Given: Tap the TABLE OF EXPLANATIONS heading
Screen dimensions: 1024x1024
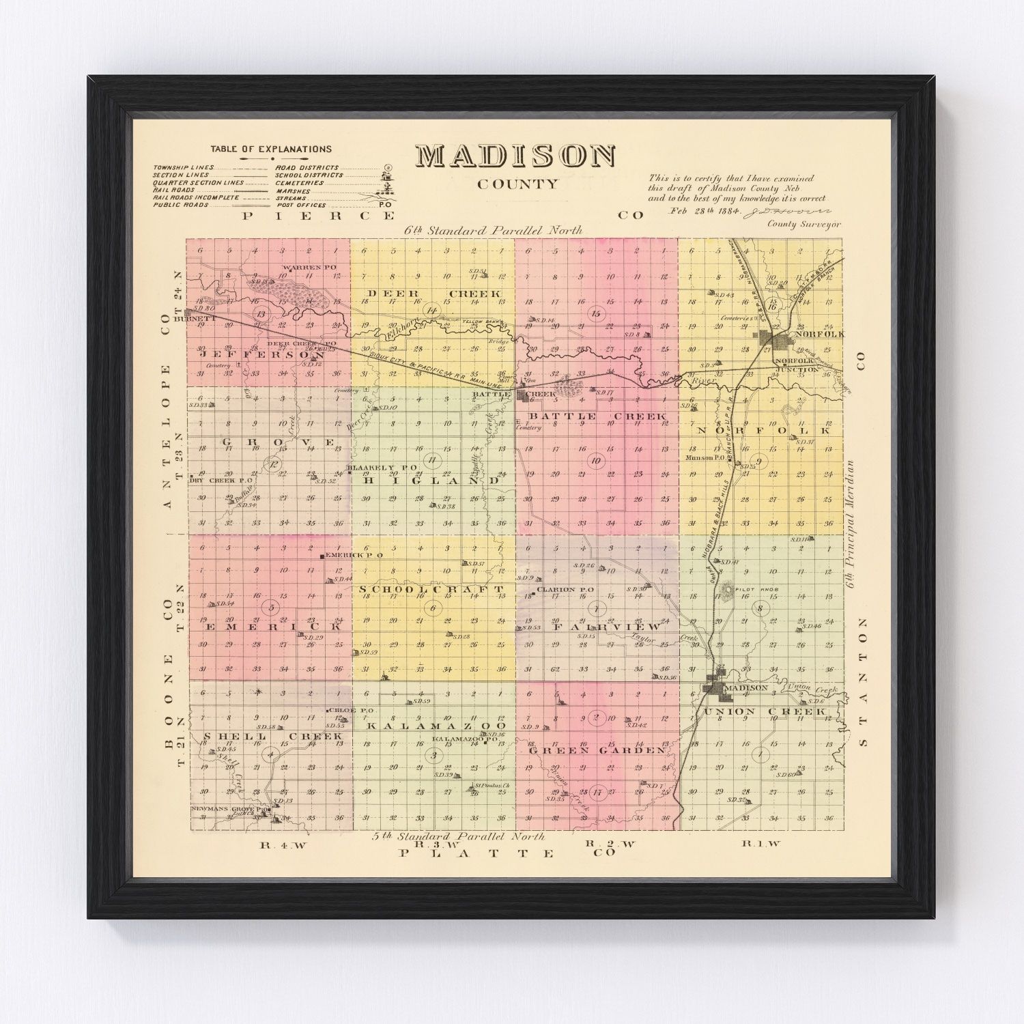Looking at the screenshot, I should point(271,149).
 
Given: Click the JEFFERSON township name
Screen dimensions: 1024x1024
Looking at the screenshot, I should point(262,356).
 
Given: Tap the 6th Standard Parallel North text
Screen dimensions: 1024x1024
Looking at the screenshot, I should point(493,231).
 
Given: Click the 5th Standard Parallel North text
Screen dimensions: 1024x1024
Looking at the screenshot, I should point(459,836).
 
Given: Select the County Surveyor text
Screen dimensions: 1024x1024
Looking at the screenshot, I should point(804,224).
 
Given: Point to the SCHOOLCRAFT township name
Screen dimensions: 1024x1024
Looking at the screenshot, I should point(431,589).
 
